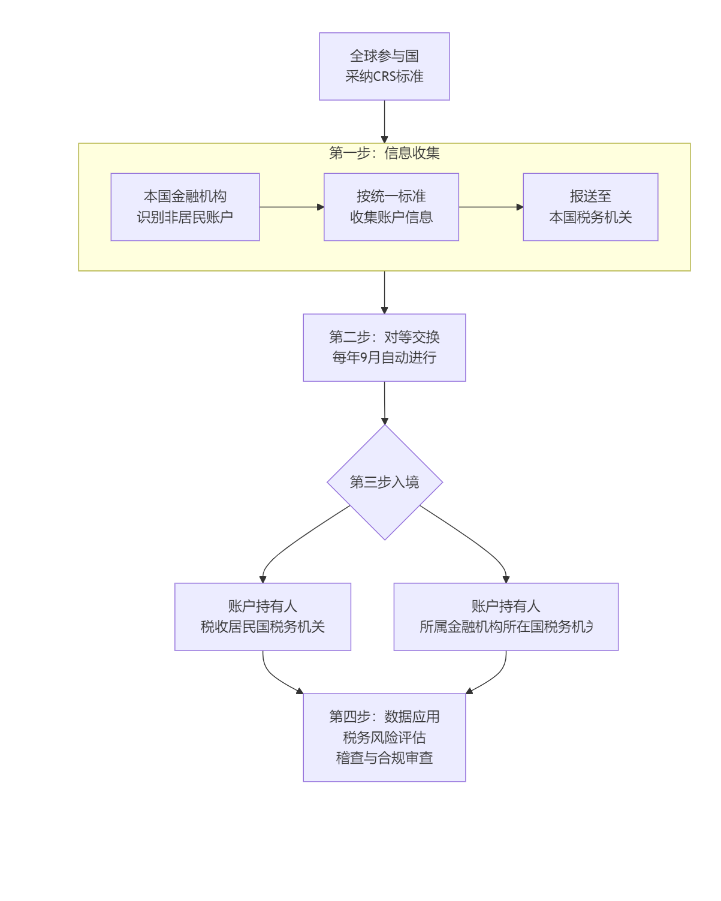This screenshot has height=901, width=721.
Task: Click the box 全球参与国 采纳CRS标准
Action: click(384, 67)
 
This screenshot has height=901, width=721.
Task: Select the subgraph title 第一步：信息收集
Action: click(384, 153)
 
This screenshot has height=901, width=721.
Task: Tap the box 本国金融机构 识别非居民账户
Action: click(185, 207)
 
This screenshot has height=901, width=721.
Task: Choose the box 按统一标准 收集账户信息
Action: click(391, 207)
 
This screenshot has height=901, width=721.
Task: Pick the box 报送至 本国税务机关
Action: click(590, 207)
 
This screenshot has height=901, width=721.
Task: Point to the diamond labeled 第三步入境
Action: click(385, 482)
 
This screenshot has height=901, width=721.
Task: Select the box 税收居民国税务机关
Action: click(263, 617)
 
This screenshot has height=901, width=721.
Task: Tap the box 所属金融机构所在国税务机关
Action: click(506, 617)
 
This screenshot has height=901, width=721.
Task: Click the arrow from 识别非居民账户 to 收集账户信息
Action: click(291, 207)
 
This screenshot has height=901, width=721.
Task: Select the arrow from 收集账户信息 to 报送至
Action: click(490, 207)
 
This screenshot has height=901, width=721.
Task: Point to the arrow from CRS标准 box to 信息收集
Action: click(384, 121)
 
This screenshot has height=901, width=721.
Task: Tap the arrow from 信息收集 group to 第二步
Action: click(384, 292)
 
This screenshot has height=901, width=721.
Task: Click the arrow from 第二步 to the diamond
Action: click(384, 402)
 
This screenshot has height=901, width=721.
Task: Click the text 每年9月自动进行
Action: click(384, 358)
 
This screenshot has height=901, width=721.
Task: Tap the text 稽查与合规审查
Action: click(384, 758)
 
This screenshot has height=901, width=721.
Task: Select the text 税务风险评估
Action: click(384, 737)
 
